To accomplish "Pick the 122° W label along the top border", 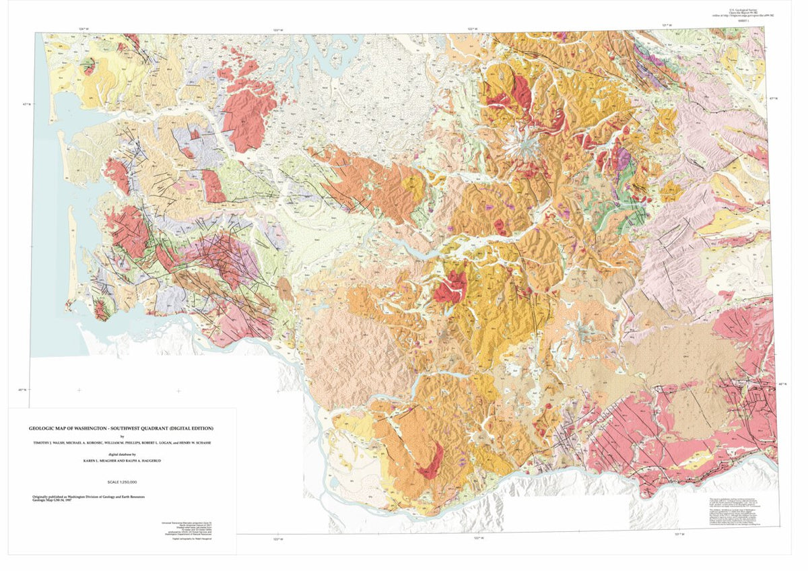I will (473, 29).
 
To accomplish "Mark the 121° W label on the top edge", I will (667, 26).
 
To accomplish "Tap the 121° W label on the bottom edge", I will (680, 534).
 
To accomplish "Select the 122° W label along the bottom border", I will (478, 537).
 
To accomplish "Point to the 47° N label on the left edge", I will (27, 104).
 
